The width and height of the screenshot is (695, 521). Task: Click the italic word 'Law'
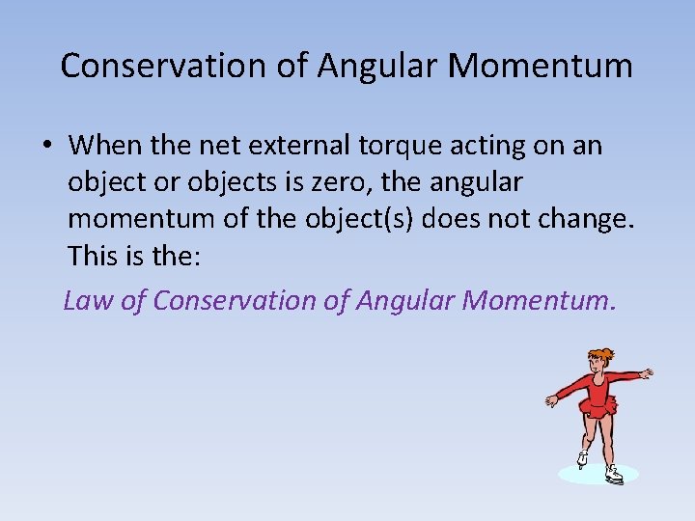89,301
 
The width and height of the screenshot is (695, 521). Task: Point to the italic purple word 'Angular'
405,301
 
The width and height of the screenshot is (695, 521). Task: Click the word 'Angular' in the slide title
382,67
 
